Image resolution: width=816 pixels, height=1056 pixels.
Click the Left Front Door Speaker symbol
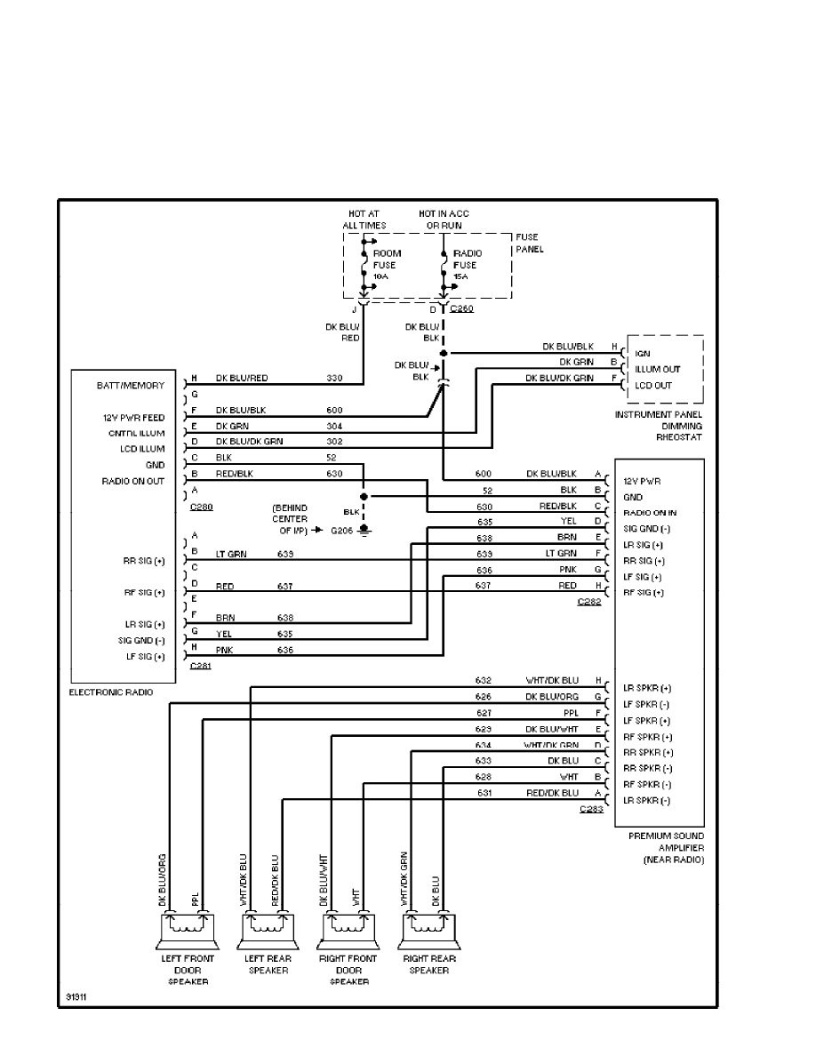[x=187, y=928]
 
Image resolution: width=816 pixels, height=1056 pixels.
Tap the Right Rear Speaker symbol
[x=429, y=928]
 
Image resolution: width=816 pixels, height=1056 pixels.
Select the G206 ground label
[x=342, y=531]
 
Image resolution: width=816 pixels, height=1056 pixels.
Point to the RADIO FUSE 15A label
[x=465, y=265]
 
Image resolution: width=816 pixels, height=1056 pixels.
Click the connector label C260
[x=462, y=309]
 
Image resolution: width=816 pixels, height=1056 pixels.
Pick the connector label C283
[x=590, y=810]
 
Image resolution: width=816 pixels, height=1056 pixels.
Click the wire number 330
[x=334, y=379]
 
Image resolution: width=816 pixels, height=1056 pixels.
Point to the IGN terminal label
[x=643, y=353]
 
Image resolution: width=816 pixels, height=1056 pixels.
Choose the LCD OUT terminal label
[x=653, y=385]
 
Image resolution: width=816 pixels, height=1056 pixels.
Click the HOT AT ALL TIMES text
[x=364, y=220]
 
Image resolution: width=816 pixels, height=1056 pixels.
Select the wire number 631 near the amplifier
[x=484, y=793]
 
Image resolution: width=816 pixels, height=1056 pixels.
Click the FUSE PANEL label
[x=530, y=244]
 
